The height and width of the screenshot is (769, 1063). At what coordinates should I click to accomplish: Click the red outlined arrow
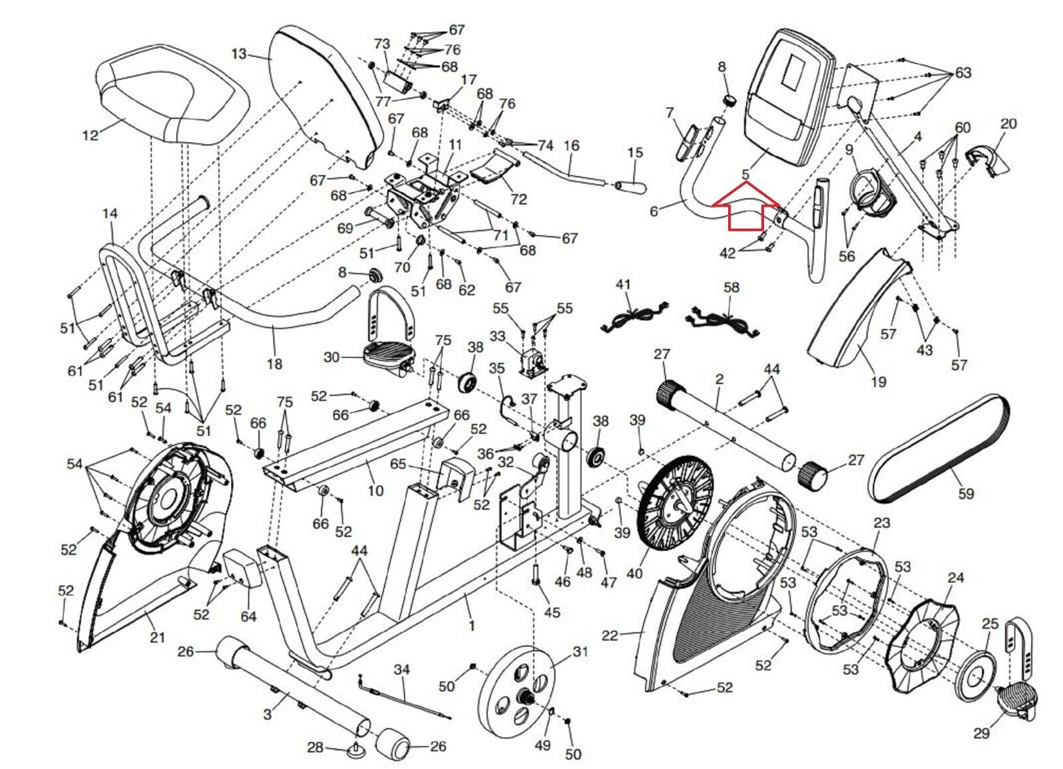746,207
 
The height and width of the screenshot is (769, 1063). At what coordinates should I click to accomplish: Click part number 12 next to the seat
90,136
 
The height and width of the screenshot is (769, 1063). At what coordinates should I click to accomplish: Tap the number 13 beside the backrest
239,54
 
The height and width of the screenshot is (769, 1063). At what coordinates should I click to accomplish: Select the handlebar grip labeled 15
630,187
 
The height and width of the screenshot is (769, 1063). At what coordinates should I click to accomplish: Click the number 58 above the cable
731,287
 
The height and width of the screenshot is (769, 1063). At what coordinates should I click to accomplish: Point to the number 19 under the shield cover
879,382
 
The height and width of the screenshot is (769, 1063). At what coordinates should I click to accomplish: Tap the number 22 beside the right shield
610,635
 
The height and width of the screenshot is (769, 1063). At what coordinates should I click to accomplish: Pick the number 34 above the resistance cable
402,669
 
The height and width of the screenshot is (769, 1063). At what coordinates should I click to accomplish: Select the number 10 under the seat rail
375,491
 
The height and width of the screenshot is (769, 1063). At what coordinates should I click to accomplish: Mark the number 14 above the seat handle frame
110,213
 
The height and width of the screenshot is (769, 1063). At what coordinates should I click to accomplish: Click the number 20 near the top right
1009,124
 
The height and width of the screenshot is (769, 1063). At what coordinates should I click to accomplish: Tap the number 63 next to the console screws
963,72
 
